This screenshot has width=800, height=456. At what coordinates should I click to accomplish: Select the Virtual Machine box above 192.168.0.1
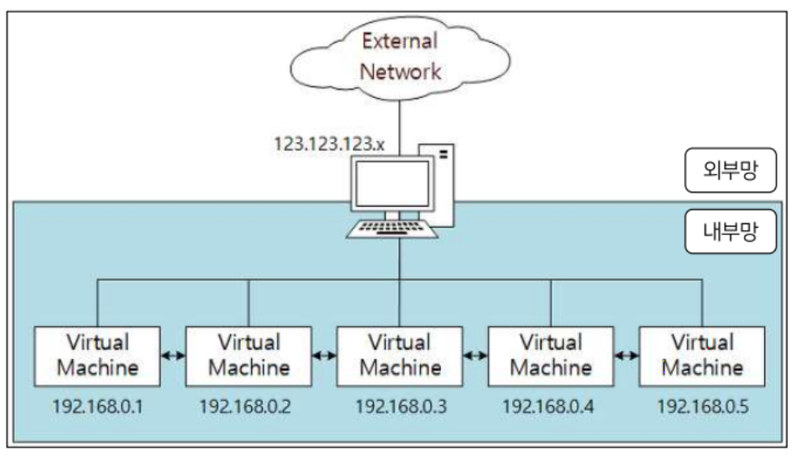click(98, 355)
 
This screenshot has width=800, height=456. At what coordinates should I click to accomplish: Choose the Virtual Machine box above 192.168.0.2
click(249, 355)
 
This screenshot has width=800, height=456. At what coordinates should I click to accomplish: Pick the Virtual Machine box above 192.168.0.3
click(399, 355)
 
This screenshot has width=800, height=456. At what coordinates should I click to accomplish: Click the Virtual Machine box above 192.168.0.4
click(550, 355)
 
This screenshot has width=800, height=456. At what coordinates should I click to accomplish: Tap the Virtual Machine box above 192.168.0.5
click(701, 355)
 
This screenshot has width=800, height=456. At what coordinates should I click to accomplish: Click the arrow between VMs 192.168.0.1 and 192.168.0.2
click(173, 356)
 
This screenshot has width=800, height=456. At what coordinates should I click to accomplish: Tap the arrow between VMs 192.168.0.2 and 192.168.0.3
click(324, 356)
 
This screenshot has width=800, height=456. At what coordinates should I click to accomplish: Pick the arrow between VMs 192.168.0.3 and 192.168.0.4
click(474, 356)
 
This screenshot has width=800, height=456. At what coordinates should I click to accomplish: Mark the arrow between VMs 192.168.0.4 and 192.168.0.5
click(625, 356)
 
